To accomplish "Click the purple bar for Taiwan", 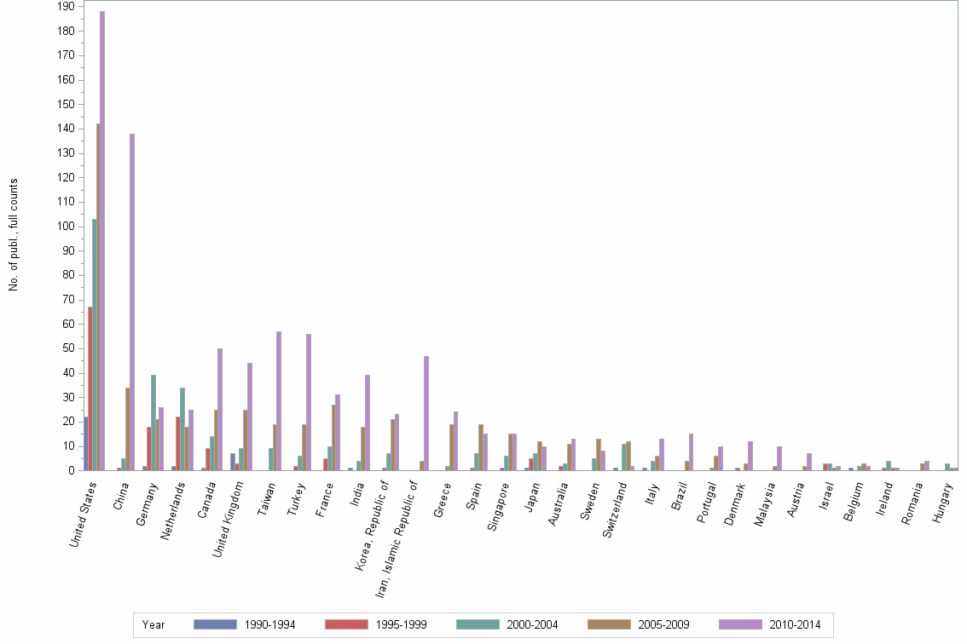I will tap(279, 400).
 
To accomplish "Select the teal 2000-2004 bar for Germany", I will tap(153, 422).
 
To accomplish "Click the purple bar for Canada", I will tap(220, 409).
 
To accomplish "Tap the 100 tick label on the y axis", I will tap(66, 227).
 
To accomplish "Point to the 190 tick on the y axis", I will tap(66, 7).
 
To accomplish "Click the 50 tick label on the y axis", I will tap(68, 348).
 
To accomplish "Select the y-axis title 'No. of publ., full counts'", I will tap(14, 235).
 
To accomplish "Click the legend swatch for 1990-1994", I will tap(215, 624).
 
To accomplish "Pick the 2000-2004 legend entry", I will tap(530, 625).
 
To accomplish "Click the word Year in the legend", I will tap(154, 625).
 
